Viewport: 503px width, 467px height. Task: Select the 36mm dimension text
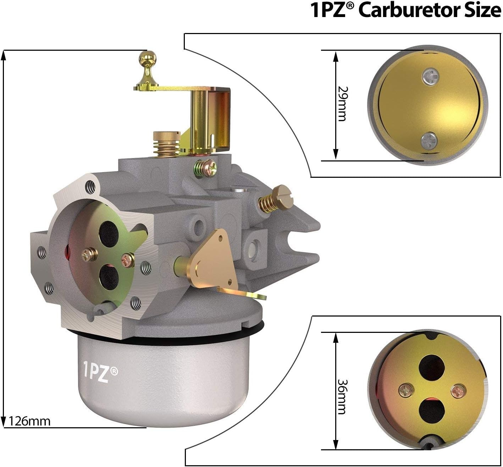point(342,397)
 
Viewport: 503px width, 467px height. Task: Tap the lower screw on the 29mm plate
point(429,140)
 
